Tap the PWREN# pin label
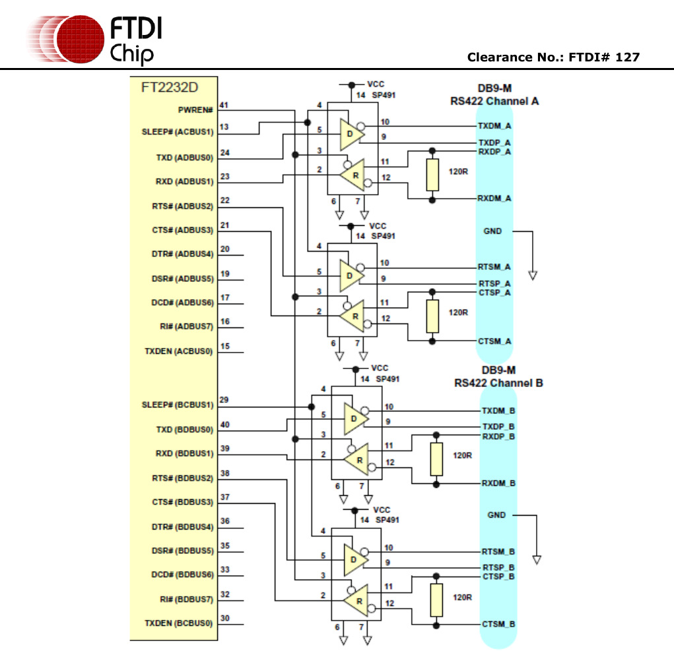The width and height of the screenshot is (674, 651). tap(195, 110)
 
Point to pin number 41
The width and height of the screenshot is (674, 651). tap(224, 106)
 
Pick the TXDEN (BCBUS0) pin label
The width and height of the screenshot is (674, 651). tap(179, 623)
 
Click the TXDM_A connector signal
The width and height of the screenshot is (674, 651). tap(494, 125)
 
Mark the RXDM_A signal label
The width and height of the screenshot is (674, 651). tap(494, 198)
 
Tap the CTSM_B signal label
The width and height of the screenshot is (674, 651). tap(498, 624)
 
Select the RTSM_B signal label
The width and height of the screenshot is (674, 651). tap(498, 551)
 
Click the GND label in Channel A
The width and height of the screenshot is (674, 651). tap(492, 231)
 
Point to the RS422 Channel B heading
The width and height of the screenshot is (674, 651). tap(498, 383)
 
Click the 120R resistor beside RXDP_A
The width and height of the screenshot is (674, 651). tap(432, 175)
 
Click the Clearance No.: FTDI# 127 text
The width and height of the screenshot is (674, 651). tap(553, 57)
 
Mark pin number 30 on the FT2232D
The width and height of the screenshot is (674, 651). tap(224, 619)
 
